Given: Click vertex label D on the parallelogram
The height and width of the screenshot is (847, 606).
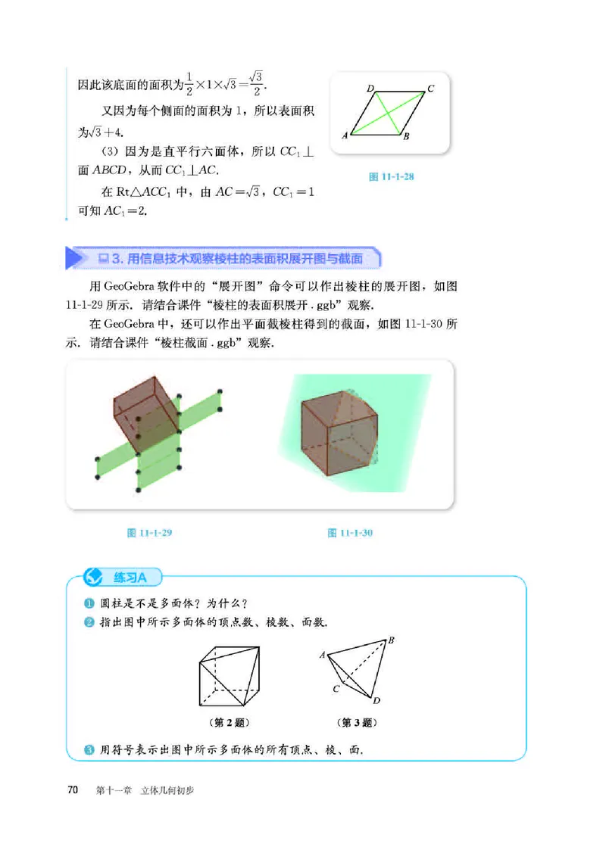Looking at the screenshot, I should pos(370,89).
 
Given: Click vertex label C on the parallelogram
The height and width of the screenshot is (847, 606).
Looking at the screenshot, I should pos(430,89).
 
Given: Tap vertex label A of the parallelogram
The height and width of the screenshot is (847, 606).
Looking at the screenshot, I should pos(345,136).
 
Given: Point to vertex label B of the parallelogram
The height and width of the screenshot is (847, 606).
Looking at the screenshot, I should pos(406,137).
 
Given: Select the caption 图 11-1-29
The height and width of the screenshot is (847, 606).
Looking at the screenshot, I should pos(151,533).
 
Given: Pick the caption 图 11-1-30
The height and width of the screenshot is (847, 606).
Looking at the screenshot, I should pos(351,533).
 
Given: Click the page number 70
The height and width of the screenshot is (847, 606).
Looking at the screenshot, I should pos(73,790).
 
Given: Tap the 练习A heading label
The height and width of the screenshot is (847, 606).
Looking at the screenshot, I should pos(130,578).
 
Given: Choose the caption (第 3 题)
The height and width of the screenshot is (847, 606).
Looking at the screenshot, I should pos(355,722).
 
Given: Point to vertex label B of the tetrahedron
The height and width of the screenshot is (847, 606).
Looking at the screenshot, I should pos(392,641).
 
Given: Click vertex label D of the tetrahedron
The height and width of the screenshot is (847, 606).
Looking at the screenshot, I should pos(376,700).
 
